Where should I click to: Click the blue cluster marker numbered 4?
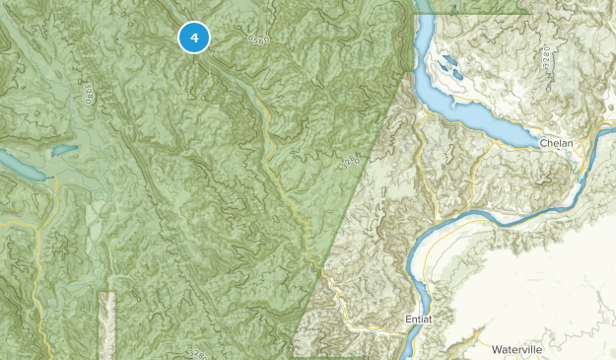194,37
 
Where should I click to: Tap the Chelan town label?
557,144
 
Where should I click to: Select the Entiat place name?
419,321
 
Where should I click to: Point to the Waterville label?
517,349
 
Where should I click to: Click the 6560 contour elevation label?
258,39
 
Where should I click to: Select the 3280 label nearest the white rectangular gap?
199,352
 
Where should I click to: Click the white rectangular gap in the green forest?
106,321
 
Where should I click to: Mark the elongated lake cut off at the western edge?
20,167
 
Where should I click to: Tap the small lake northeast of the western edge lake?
60,150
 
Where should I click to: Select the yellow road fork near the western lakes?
36,230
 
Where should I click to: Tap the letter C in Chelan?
543,144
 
